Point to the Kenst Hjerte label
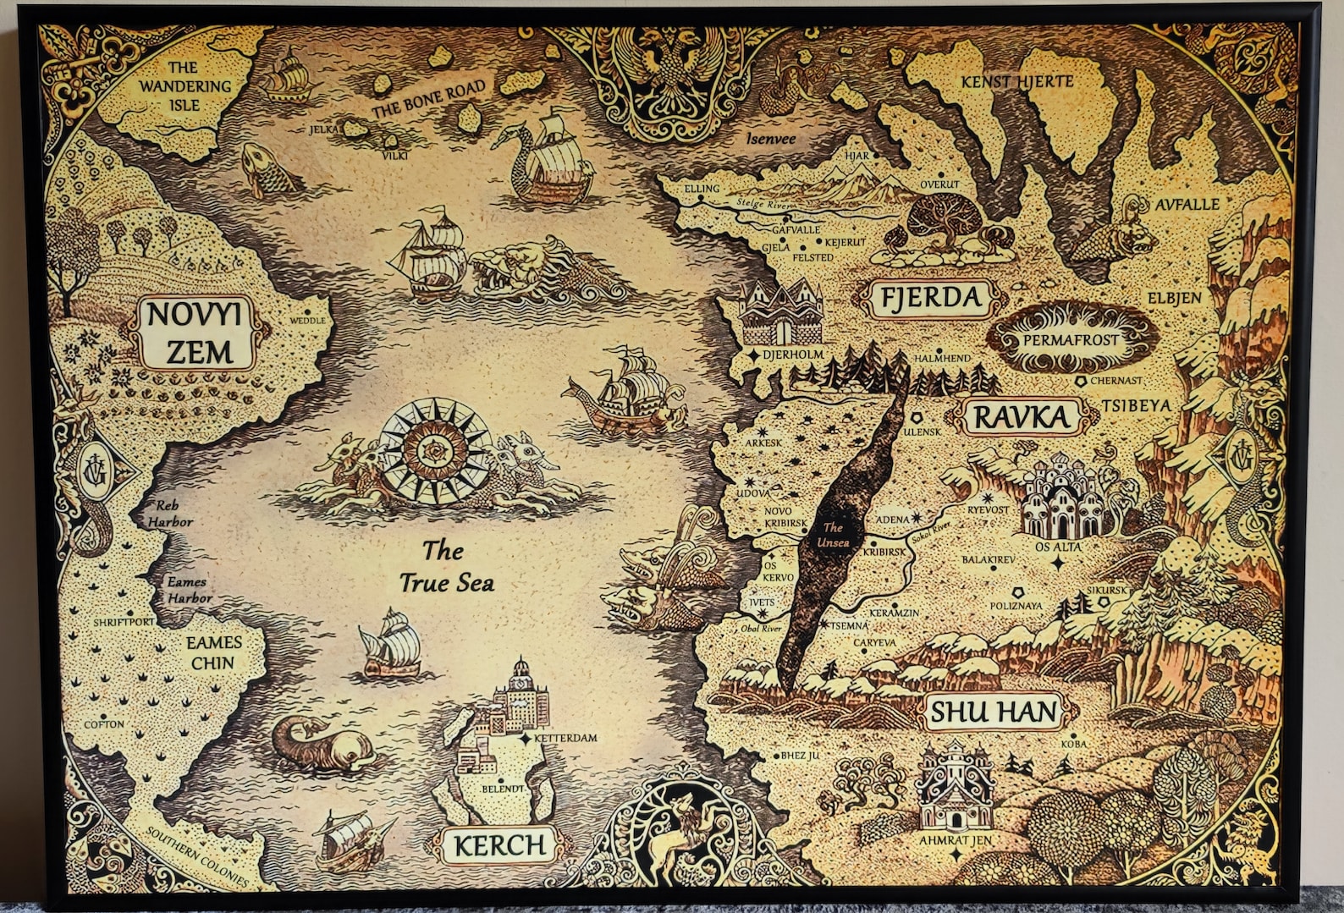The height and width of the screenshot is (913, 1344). coord(1016,82)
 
